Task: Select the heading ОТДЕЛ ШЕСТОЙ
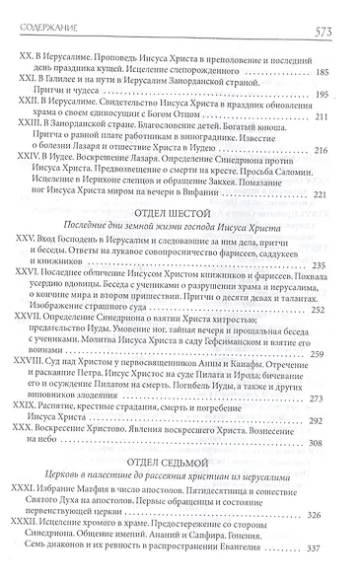[x=179, y=240]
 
